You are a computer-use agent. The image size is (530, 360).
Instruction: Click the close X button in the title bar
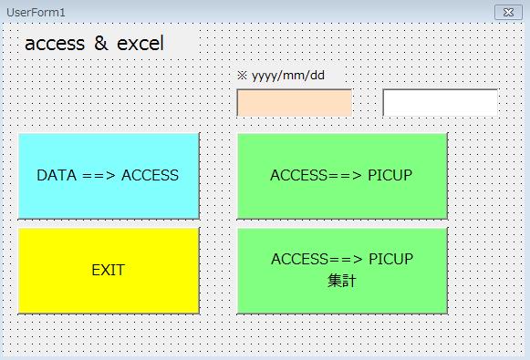508,13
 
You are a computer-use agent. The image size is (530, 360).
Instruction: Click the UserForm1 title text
36,13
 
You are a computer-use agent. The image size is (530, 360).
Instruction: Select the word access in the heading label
55,44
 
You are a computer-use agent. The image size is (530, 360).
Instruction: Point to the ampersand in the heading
100,43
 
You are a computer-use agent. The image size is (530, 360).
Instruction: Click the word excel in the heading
140,43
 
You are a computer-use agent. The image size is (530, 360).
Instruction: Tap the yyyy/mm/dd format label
288,76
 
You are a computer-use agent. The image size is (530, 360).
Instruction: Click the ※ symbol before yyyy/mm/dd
242,76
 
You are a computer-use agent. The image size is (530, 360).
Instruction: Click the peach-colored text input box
295,103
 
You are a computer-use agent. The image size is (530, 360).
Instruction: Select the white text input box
440,103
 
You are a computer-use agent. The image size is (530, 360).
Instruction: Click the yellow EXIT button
109,271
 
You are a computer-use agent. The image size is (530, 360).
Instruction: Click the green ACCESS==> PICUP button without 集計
342,176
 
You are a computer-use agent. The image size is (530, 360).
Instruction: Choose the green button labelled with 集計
342,271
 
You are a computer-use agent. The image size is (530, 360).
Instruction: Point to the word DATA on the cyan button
57,175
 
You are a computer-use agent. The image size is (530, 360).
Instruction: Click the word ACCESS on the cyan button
151,175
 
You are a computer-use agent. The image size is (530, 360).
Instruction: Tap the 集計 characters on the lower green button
342,281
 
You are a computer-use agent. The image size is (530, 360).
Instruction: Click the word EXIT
109,270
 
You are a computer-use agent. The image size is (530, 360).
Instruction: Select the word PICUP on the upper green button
390,175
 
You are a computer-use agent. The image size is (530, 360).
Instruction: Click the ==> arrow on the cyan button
99,176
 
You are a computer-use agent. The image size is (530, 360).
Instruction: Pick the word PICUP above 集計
390,259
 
